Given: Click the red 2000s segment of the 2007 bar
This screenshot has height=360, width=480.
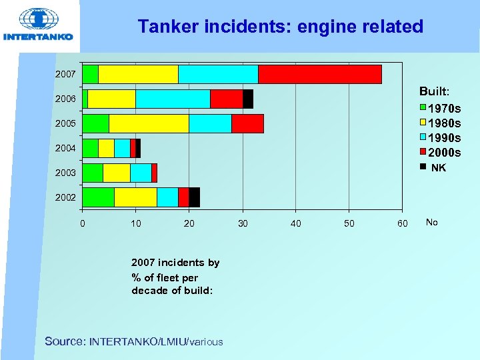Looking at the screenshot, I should [319, 74].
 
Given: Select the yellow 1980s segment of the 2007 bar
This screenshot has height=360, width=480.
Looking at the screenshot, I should [138, 74].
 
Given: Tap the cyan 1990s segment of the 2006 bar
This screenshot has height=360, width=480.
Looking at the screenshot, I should [173, 99].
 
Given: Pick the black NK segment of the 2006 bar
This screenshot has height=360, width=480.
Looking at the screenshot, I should [247, 99].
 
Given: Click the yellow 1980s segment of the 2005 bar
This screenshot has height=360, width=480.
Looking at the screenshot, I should [149, 123].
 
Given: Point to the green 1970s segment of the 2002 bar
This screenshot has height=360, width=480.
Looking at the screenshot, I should [98, 197].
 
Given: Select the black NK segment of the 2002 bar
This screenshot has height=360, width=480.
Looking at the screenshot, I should [194, 197].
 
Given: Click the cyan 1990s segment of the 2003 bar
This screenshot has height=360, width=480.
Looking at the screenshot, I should [141, 173].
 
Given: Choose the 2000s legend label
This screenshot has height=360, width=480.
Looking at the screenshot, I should [444, 153].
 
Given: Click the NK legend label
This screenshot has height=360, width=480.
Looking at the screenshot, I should [439, 168].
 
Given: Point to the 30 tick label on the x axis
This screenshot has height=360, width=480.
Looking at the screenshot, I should [243, 223].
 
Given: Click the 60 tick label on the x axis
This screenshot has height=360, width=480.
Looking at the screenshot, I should [402, 223].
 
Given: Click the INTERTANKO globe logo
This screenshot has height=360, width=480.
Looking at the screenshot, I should [38, 20].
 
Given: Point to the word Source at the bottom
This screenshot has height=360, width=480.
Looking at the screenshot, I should [64, 341].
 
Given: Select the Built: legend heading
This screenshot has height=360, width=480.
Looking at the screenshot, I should [434, 90].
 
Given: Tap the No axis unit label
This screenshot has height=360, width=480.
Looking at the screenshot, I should [432, 222].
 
